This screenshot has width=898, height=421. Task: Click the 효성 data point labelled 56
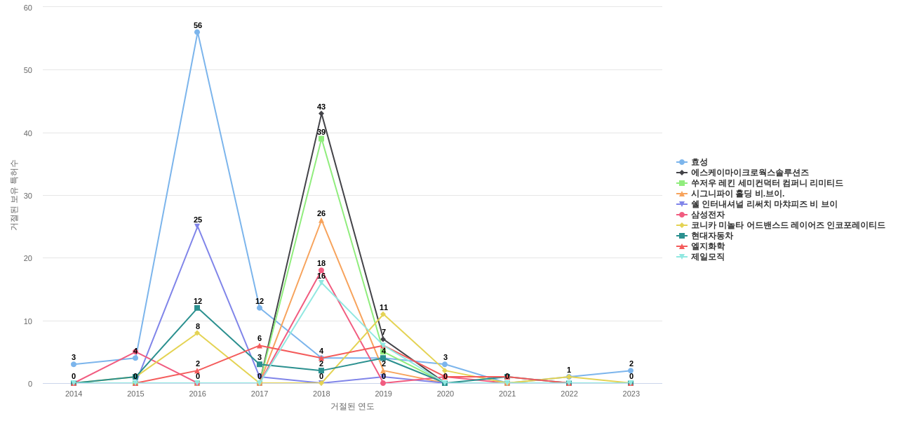197,32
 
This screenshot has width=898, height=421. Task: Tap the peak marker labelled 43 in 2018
321,114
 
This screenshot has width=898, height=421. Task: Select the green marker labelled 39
321,139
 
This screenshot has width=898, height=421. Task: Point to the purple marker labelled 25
197,227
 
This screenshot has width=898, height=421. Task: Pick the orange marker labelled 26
321,220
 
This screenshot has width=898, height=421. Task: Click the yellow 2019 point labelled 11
383,314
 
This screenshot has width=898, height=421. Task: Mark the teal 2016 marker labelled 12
197,308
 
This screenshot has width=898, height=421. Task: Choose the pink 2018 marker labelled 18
321,271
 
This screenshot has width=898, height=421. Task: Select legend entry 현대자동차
711,236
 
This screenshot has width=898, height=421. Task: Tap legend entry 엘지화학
707,246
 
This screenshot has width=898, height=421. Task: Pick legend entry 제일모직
707,257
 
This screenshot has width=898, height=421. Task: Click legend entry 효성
699,162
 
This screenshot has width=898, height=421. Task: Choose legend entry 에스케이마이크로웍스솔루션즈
749,173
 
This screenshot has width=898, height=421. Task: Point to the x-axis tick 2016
197,394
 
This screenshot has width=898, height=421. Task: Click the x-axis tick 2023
631,394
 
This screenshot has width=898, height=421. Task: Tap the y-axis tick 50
28,70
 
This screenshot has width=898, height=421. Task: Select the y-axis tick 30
28,196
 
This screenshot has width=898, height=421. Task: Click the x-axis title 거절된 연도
352,406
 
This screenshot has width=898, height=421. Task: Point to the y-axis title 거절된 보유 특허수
13,195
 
